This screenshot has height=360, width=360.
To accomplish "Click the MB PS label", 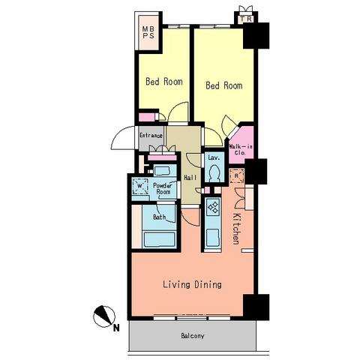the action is point(148,32).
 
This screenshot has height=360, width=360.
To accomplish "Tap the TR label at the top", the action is point(247,19).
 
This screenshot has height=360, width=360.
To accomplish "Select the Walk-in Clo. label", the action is point(241,149).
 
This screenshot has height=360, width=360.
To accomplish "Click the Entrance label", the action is point(151,136).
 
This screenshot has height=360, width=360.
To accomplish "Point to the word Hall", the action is point(190,178).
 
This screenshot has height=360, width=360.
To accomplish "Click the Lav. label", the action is point(214,157).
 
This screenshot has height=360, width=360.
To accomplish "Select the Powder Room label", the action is point(163,189).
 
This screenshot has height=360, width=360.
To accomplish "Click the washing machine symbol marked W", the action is point(140,186).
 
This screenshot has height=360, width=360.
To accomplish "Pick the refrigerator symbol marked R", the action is point(236,176).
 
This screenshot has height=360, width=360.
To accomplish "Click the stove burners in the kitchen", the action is point(213,207).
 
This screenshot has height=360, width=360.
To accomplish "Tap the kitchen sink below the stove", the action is point(213,238).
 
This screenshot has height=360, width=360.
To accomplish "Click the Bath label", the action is point(159,217).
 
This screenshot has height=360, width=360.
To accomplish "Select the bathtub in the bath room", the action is point(159,240).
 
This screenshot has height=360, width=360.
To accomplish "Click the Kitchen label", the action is point(236,229).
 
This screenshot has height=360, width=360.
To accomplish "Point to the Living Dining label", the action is point(192,284).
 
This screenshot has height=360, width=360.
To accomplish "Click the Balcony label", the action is point(193,336).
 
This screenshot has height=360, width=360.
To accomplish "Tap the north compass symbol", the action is point(104,316).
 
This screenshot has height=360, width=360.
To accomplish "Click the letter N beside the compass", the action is point(116,328).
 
